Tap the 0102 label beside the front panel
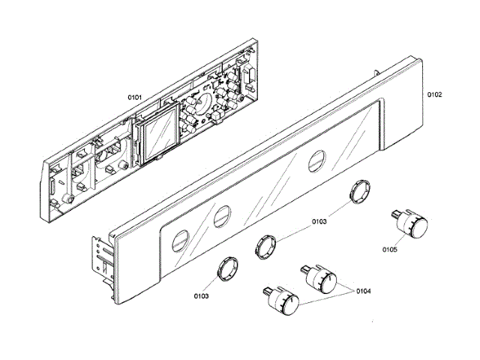[x=434, y=94]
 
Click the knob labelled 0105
[x=415, y=224]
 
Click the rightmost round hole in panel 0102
[x=316, y=159]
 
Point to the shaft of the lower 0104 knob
[x=267, y=289]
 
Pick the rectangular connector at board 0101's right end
[x=247, y=75]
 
